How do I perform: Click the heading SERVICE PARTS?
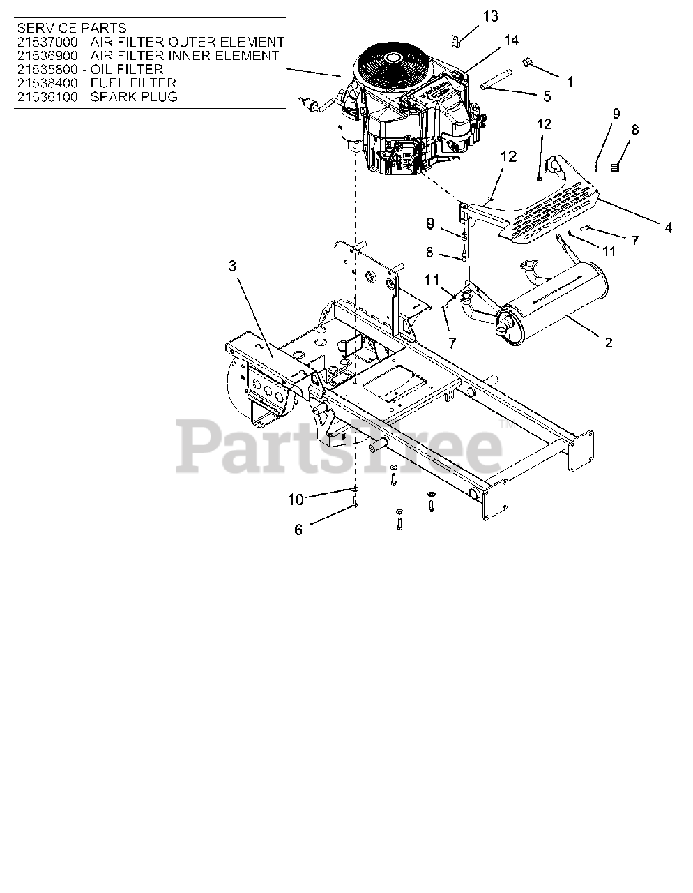pyautogui.click(x=71, y=28)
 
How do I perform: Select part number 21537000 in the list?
pyautogui.click(x=47, y=42)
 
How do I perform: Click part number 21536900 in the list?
pyautogui.click(x=47, y=55)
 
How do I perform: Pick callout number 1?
pyautogui.click(x=570, y=82)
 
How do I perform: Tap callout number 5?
pyautogui.click(x=547, y=96)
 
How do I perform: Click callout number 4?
pyautogui.click(x=668, y=227)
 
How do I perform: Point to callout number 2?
pyautogui.click(x=608, y=342)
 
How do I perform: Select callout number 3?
pyautogui.click(x=232, y=266)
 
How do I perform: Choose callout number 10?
pyautogui.click(x=296, y=499)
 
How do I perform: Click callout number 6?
pyautogui.click(x=298, y=530)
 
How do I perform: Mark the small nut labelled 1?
pyautogui.click(x=528, y=64)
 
